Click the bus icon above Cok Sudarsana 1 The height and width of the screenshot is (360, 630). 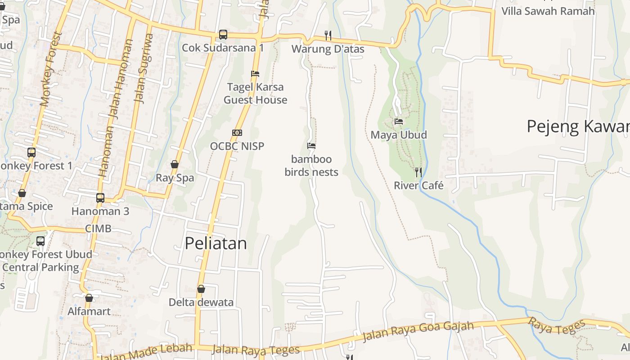(x=223, y=35)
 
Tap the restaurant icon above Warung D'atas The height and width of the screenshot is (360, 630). (x=328, y=35)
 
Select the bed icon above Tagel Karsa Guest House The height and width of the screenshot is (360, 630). (x=255, y=73)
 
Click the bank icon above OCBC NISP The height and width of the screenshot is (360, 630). (x=237, y=133)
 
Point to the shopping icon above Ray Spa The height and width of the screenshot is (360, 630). (x=175, y=165)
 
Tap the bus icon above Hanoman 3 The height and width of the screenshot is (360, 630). (x=100, y=198)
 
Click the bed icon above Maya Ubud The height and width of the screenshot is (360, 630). (x=399, y=121)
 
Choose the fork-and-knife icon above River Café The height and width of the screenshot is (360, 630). (x=418, y=172)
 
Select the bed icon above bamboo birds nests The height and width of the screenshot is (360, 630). (x=311, y=145)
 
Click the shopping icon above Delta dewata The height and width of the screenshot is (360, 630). (x=201, y=289)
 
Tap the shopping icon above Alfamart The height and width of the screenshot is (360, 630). (x=89, y=298)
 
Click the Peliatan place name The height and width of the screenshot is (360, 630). (x=216, y=243)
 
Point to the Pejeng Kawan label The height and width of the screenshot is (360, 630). (x=578, y=126)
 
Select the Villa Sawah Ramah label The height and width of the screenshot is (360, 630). (x=548, y=11)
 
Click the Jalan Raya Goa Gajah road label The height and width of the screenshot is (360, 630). (x=418, y=331)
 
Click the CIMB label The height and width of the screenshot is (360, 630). (x=98, y=229)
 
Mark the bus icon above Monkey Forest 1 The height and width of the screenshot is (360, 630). (x=31, y=152)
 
